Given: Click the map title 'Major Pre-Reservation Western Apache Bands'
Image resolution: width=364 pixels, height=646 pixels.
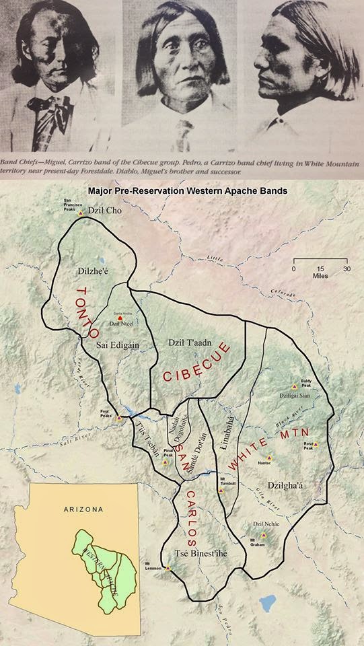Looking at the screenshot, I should coord(188,190).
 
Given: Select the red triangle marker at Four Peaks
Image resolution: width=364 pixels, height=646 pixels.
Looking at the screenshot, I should coord(120,417).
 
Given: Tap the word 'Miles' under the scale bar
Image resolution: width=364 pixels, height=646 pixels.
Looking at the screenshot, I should coord(320,275).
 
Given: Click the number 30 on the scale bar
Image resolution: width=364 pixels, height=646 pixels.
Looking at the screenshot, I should coord(347,268).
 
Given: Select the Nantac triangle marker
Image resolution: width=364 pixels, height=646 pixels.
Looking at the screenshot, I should coord(268,458).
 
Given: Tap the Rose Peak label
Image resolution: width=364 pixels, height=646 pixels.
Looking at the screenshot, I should coord(309,446).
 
